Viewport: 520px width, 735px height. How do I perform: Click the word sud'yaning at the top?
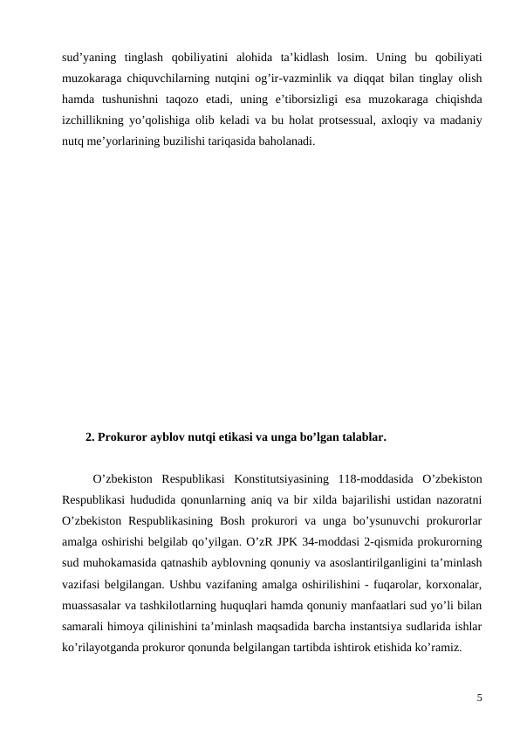[86, 58]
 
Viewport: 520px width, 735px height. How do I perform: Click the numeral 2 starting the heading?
[89, 436]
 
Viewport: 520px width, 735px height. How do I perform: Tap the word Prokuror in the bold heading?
[122, 436]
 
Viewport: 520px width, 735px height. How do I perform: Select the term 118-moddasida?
[373, 479]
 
